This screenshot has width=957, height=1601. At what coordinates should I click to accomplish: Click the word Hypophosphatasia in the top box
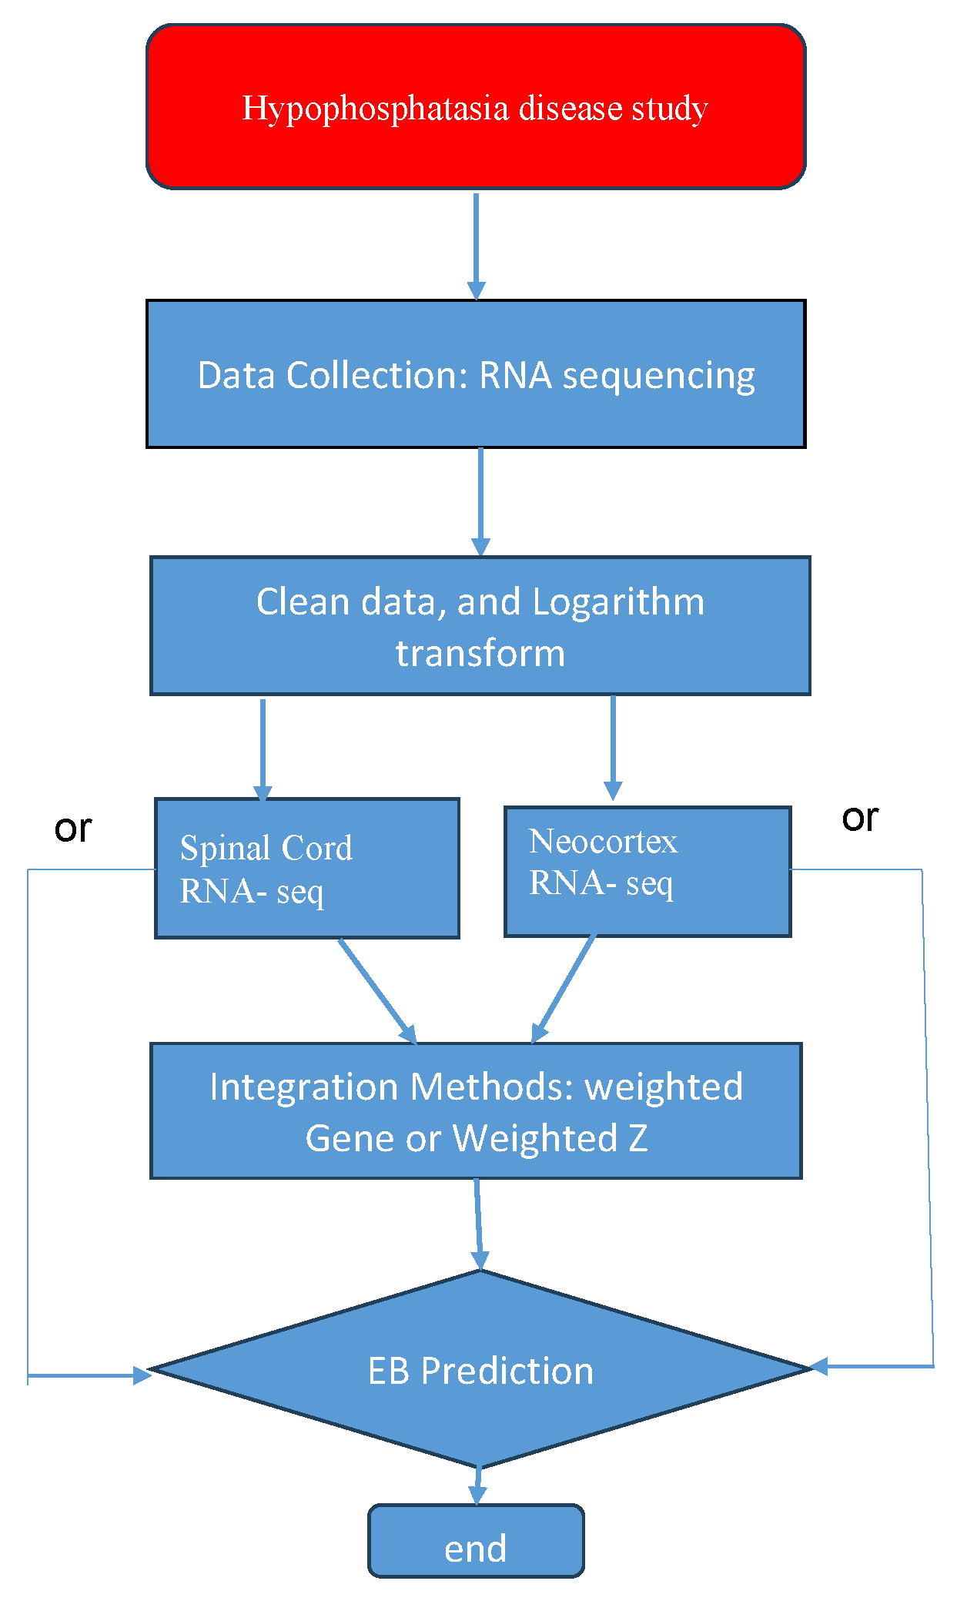[375, 109]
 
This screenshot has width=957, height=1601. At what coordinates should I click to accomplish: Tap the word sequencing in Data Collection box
[658, 377]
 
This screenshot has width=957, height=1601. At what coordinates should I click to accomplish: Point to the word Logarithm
[618, 602]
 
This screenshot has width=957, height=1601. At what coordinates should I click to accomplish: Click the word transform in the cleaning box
[480, 654]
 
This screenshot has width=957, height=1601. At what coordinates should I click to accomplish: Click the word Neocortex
[603, 842]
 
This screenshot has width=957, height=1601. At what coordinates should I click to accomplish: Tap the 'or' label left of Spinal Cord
[73, 829]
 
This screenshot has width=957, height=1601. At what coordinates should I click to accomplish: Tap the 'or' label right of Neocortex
[860, 818]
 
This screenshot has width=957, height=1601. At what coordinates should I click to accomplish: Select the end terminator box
[476, 1548]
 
